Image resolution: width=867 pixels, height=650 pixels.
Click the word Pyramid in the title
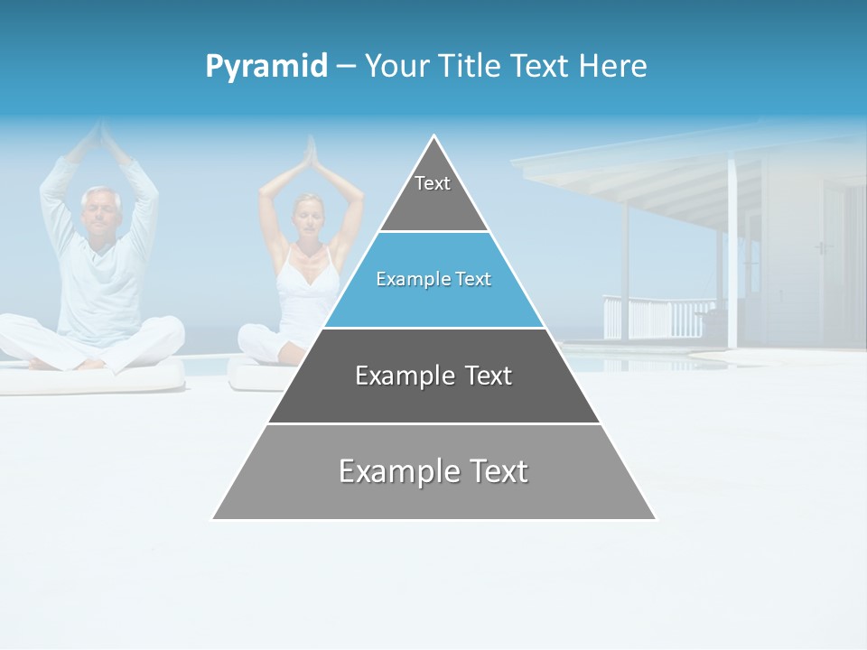[266, 67]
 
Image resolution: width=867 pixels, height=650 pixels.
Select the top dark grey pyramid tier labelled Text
[433, 194]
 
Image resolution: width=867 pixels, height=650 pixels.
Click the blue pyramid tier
[433, 280]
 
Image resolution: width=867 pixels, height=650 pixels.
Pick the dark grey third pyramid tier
[433, 376]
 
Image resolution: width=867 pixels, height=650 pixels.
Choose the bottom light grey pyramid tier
[433, 472]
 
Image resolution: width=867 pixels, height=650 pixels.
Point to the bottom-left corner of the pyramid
[214, 518]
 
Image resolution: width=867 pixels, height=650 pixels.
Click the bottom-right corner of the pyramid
[655, 518]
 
